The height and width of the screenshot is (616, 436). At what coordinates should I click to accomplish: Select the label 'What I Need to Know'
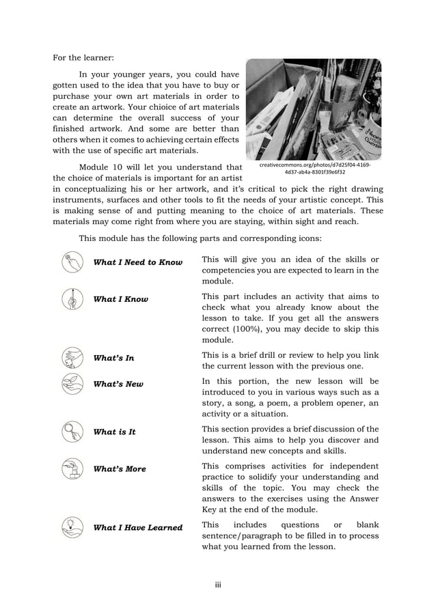[x=137, y=262]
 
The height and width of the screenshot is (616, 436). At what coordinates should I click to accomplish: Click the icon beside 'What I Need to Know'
[x=71, y=262]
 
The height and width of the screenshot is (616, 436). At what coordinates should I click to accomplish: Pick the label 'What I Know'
[x=120, y=299]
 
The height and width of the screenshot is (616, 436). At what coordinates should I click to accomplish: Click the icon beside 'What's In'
[x=71, y=357]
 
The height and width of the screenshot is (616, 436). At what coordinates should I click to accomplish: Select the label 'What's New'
[x=118, y=384]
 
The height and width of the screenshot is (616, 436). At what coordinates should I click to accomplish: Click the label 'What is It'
[x=114, y=432]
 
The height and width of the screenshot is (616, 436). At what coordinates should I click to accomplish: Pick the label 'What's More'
[x=120, y=469]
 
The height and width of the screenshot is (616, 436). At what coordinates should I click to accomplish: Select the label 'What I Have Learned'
[x=137, y=527]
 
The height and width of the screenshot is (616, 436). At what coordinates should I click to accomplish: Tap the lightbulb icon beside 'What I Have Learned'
[x=71, y=527]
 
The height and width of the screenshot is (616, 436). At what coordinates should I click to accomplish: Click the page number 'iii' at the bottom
[x=218, y=584]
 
